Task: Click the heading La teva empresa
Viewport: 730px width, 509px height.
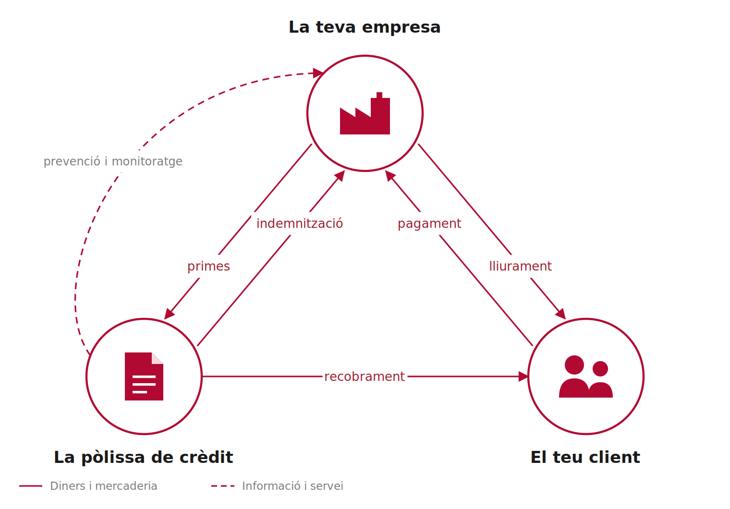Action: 365,27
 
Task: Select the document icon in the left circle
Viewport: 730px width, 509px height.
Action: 144,376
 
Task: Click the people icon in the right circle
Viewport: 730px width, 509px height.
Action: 586,376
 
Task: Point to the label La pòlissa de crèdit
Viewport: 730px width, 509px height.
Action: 144,457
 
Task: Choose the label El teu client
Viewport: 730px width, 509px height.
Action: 585,457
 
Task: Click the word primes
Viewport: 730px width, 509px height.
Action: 208,267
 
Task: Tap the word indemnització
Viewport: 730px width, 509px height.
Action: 300,224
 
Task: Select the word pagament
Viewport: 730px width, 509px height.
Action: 429,224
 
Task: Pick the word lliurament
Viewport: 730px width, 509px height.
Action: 521,266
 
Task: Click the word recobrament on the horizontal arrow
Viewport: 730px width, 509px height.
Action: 365,376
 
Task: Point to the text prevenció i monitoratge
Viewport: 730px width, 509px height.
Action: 113,162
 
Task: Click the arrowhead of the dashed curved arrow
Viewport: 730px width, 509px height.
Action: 318,73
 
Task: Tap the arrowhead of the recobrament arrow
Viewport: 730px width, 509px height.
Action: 523,376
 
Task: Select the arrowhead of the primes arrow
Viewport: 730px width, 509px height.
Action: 169,314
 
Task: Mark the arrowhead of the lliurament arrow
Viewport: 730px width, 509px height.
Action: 561,314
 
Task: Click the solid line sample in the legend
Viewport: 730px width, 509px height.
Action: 31,486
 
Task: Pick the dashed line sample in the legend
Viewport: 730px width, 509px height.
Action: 223,486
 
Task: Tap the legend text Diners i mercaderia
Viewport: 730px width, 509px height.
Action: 104,486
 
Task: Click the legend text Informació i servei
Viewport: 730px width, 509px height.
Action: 292,486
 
